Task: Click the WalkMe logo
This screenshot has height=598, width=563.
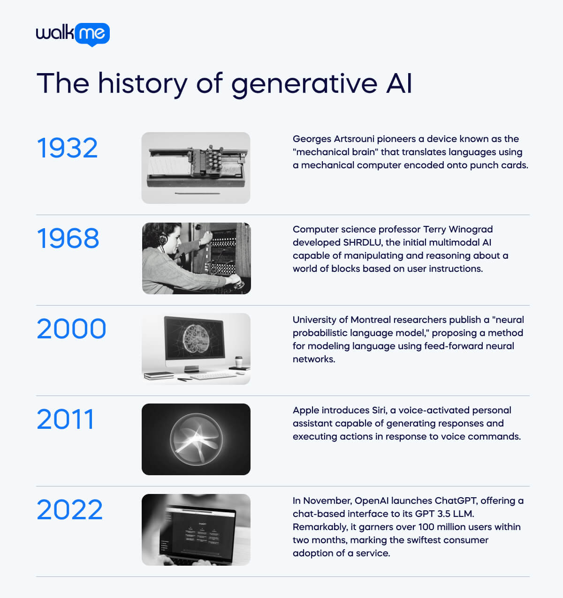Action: coord(73,34)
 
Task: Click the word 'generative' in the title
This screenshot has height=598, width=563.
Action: coord(304,84)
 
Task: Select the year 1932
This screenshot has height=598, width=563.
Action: coord(67,148)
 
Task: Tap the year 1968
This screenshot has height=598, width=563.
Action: coord(68,238)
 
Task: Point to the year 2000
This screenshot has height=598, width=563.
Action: coord(71,329)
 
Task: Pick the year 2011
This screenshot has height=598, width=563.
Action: coord(65,419)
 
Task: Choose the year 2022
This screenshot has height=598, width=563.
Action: coord(69,509)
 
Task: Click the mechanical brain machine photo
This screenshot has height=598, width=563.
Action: coord(196,167)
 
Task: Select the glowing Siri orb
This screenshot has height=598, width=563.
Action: coord(196,439)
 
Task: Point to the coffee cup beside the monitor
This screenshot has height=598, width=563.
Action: coord(239,362)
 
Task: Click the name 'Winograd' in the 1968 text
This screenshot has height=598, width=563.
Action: coord(471,229)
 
